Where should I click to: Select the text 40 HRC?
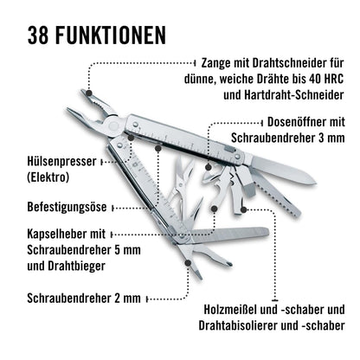coord(325,79)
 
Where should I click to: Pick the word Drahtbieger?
coord(81,265)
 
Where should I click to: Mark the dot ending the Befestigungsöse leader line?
coord(158,208)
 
